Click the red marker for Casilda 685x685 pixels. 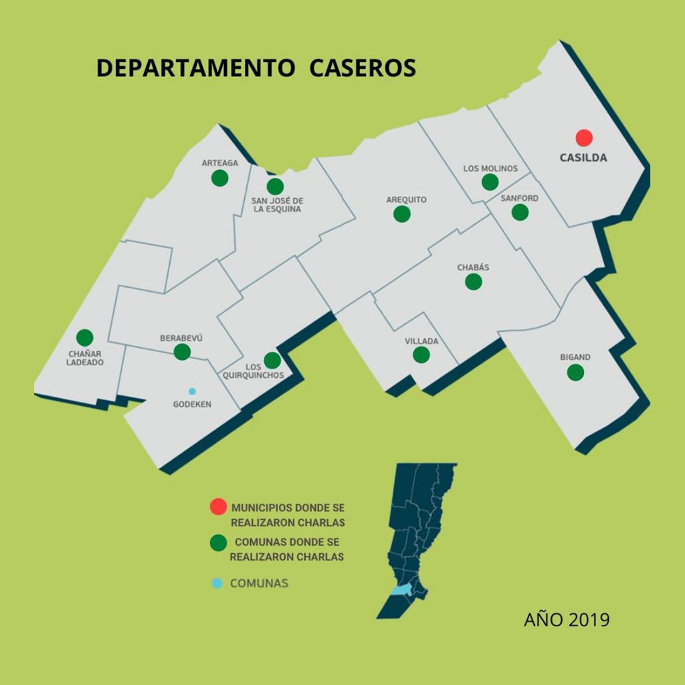tap(584, 138)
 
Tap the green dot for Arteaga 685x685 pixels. tap(219, 178)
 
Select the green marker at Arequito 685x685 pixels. tap(402, 214)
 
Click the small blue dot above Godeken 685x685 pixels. tap(192, 391)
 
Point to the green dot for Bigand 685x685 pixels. tap(575, 373)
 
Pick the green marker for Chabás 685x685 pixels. tap(474, 282)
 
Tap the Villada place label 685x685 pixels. tap(421, 341)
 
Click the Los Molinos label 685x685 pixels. tap(490, 169)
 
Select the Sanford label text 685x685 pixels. tap(519, 199)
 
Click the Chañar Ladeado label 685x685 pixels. tap(85, 358)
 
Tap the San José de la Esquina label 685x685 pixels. tap(277, 205)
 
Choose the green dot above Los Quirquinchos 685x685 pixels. tap(272, 361)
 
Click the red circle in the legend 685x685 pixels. tap(217, 507)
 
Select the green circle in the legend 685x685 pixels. tap(217, 543)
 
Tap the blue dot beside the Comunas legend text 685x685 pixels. tap(217, 583)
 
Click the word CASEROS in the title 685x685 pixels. tap(363, 68)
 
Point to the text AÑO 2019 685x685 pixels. tap(567, 619)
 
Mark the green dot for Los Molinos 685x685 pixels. tap(490, 182)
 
